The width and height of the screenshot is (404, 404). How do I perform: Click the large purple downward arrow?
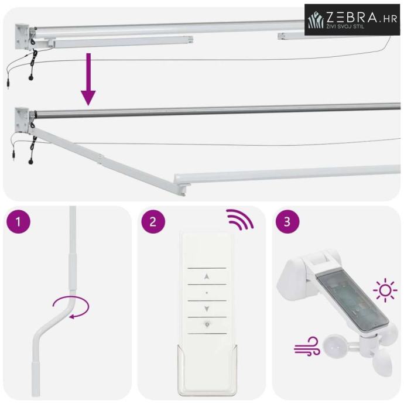(x=88, y=80)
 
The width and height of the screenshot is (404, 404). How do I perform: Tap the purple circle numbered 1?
(x=18, y=221)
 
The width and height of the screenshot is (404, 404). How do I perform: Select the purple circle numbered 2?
(x=153, y=221)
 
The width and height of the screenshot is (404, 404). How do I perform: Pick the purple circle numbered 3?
(x=287, y=221)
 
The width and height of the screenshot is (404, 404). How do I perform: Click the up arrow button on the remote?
(x=207, y=277)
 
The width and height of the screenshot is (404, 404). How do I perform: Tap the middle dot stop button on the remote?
(x=207, y=293)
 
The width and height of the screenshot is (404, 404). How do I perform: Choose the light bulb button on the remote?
(x=207, y=325)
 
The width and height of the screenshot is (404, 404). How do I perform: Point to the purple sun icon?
(x=385, y=290)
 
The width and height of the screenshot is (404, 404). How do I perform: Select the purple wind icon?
(x=307, y=346)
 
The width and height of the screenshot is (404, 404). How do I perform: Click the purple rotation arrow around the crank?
(x=71, y=308)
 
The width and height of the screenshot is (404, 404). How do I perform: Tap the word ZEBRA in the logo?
(x=352, y=18)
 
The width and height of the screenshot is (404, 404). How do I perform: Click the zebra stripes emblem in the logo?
(x=316, y=19)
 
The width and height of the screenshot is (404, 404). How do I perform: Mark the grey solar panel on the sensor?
(x=352, y=303)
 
